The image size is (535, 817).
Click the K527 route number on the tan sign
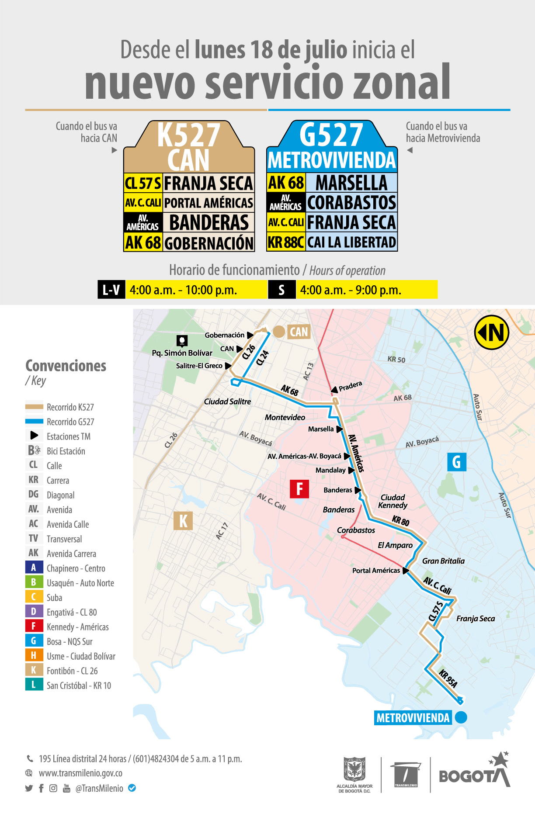coord(189,135)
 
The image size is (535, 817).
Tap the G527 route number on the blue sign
coord(331,135)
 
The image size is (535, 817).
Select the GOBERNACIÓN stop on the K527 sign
coord(208,243)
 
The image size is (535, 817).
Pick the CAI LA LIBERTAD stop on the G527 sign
coord(351,242)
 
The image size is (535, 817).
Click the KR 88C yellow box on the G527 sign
coord(286,242)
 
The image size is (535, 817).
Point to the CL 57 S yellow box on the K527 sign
coord(143,183)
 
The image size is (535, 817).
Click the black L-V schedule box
coord(111,290)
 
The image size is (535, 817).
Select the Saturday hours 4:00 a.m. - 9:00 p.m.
coord(351,290)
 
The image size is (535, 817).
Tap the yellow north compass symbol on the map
coord(492,332)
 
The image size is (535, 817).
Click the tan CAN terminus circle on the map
coord(279,332)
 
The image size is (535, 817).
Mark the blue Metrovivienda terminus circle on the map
coord(461,717)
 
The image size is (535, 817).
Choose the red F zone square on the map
coord(299,488)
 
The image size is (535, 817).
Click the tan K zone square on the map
coord(183,521)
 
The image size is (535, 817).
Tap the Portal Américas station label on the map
coord(376,571)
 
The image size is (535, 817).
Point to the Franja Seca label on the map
coord(476,619)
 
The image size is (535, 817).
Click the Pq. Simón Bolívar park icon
coord(182,340)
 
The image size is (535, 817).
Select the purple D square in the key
coord(34,612)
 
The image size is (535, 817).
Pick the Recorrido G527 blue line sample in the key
coord(34,422)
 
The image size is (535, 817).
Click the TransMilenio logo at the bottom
coord(406,775)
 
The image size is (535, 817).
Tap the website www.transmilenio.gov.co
coord(80,773)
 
